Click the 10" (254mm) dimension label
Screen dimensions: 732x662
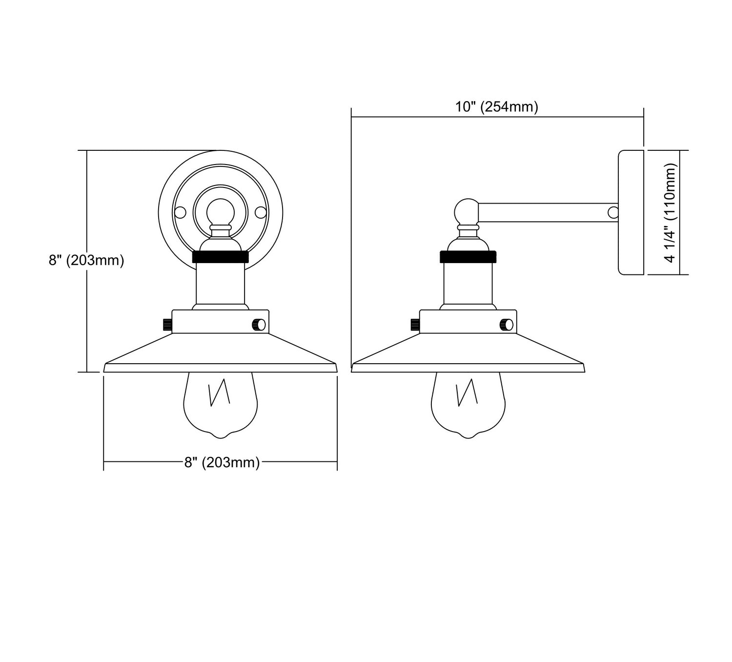pyautogui.click(x=497, y=107)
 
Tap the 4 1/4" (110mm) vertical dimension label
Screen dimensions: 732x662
pyautogui.click(x=671, y=212)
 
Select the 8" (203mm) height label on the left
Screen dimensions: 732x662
pyautogui.click(x=86, y=260)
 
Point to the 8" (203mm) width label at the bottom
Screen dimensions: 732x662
pyautogui.click(x=222, y=463)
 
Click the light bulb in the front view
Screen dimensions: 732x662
pyautogui.click(x=221, y=405)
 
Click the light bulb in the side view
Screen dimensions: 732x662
pyautogui.click(x=468, y=405)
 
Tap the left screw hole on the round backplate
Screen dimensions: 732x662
pyautogui.click(x=180, y=212)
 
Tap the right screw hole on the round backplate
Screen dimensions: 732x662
pyautogui.click(x=261, y=212)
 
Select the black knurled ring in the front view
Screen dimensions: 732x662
pyautogui.click(x=221, y=257)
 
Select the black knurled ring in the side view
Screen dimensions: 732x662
pyautogui.click(x=468, y=257)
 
